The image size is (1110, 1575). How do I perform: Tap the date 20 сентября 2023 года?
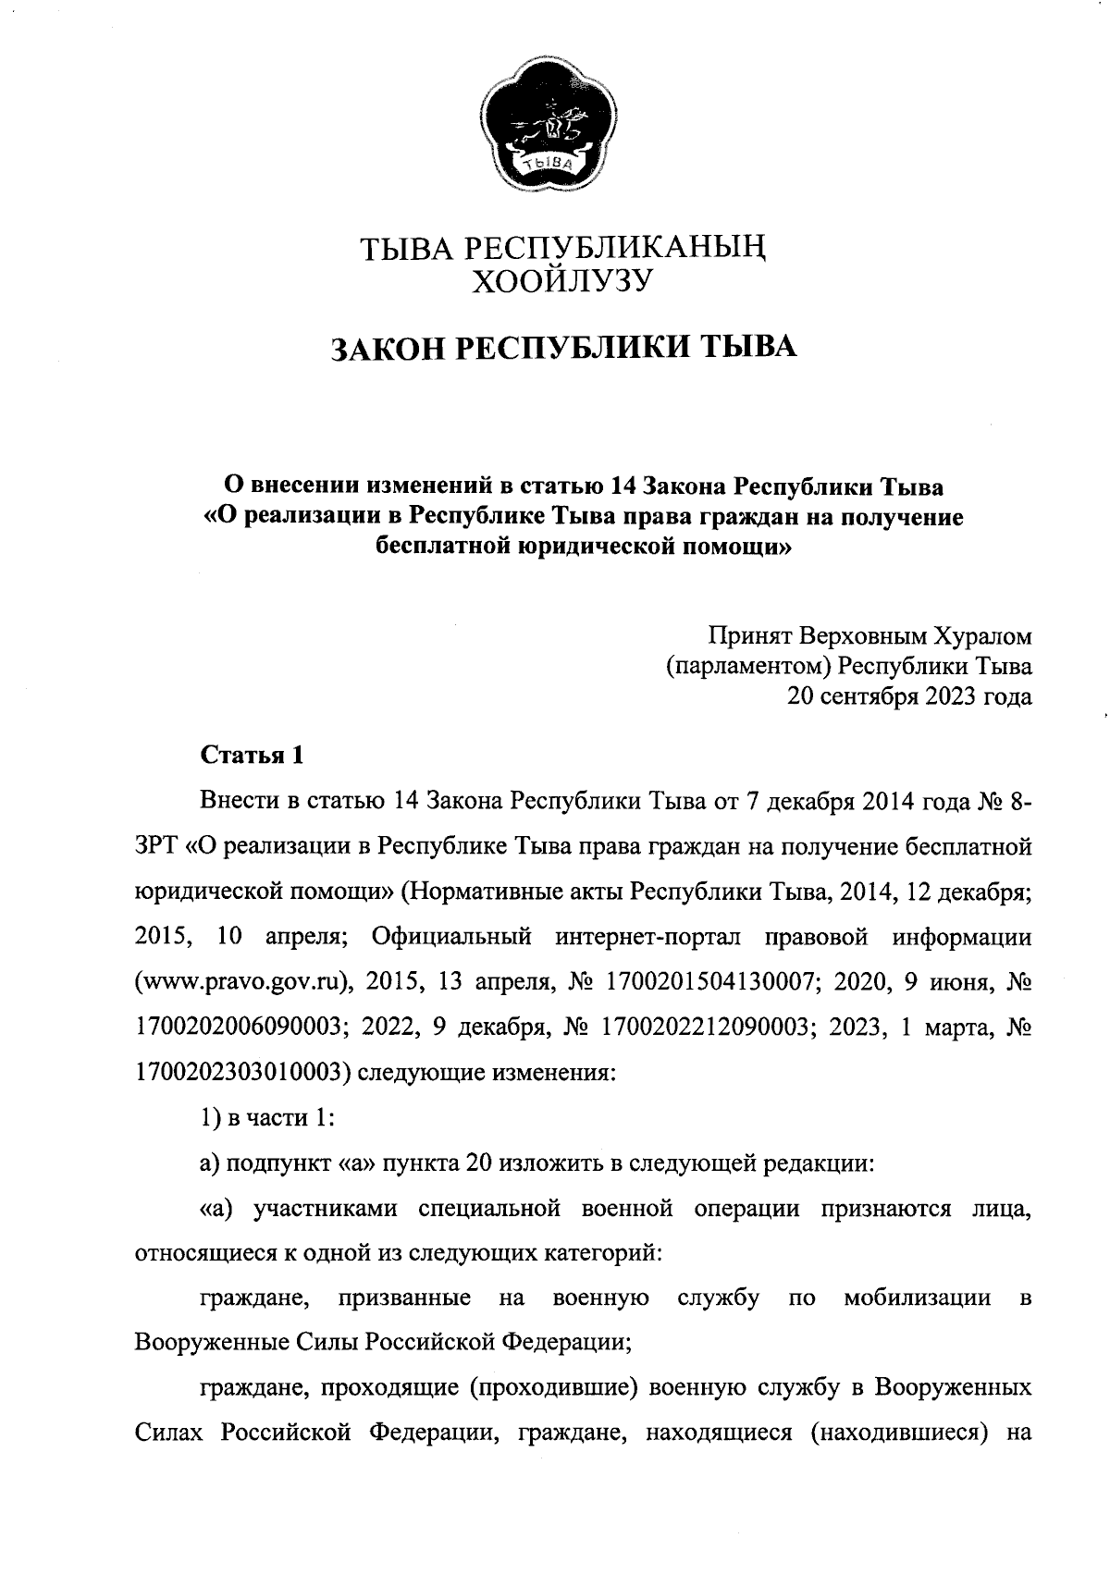908,696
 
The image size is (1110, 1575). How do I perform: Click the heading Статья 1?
253,755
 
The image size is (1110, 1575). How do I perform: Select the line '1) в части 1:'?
267,1117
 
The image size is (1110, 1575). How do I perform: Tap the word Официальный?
451,937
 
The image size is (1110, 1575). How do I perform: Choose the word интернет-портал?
648,937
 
